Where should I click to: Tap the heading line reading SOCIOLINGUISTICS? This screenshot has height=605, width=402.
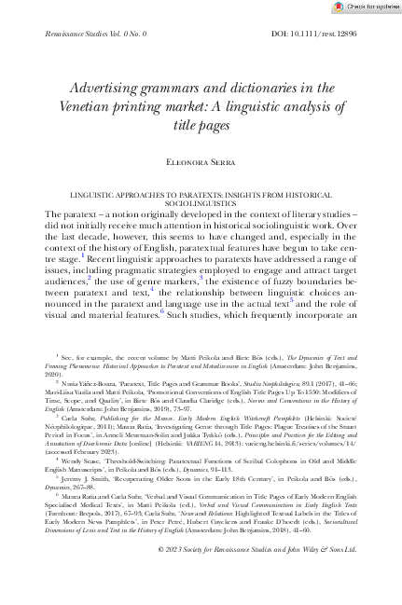click(201, 202)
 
